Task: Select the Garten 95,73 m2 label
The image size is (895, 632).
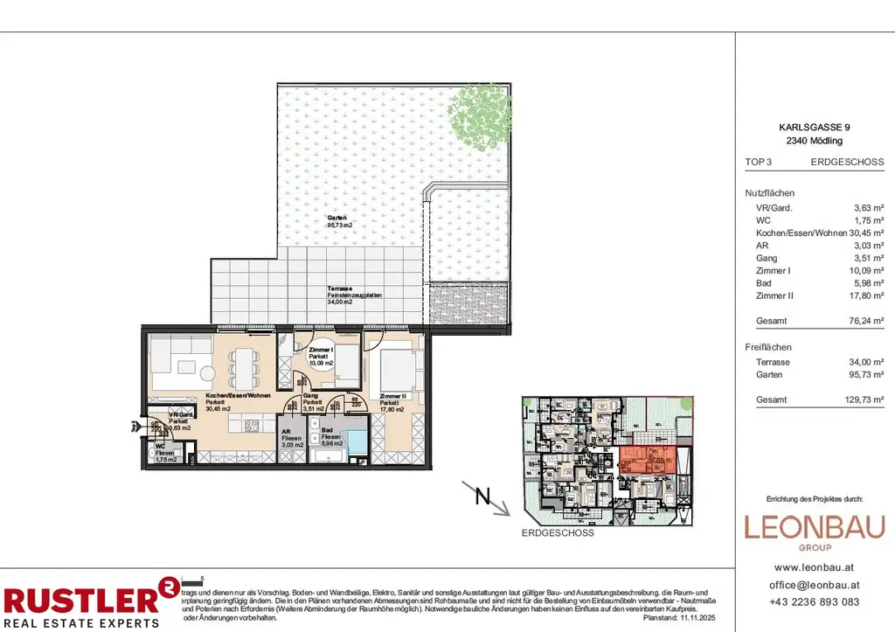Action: [x=337, y=221]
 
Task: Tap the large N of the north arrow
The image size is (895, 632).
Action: [x=481, y=498]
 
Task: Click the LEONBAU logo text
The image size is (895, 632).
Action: [x=814, y=527]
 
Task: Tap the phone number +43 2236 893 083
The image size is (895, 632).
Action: [x=814, y=602]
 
